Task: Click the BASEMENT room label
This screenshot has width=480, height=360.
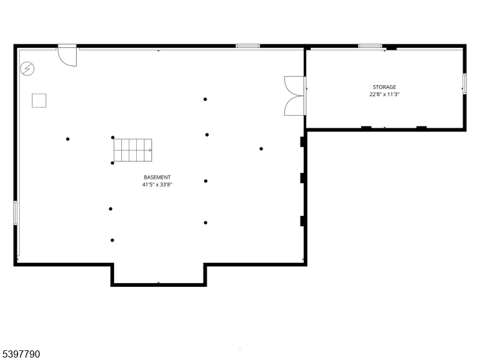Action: tap(157, 177)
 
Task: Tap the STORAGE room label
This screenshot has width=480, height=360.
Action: tap(384, 87)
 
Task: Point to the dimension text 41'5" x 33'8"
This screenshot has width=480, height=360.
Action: tap(157, 185)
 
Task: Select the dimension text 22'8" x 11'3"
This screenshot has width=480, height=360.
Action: tap(384, 94)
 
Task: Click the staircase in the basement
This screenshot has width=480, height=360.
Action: tap(133, 150)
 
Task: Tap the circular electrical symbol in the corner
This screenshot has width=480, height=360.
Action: tap(28, 69)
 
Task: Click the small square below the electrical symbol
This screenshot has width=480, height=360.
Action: tap(40, 100)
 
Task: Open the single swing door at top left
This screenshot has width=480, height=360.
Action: tap(68, 56)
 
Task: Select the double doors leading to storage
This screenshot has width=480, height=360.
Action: tap(295, 95)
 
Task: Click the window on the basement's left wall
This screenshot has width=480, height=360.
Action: tap(16, 212)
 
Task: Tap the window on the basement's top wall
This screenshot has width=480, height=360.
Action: tap(247, 46)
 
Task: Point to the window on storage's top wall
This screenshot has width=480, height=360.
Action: tap(370, 46)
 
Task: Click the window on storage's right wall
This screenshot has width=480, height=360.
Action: tap(464, 83)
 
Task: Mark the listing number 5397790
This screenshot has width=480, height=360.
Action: tap(21, 355)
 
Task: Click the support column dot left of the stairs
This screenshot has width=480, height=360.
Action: tap(68, 139)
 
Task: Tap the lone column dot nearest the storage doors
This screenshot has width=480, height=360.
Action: tap(261, 148)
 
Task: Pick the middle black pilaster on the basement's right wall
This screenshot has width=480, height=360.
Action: tap(303, 178)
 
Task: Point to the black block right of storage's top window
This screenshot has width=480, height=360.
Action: tap(391, 48)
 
